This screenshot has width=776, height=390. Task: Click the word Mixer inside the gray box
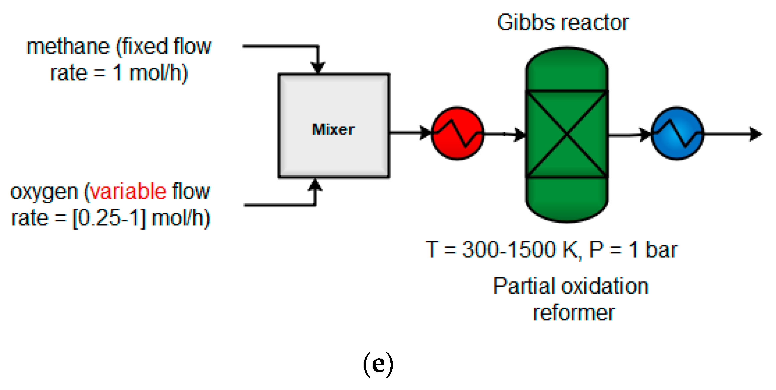[x=333, y=130]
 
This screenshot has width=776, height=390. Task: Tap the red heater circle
[x=457, y=133]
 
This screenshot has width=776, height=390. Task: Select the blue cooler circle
[x=677, y=133]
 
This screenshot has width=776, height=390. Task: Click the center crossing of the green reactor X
[x=567, y=134]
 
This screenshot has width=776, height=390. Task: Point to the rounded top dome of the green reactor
[x=567, y=67]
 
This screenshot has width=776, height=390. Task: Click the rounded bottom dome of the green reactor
[x=567, y=200]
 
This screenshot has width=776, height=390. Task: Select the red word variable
[x=129, y=192]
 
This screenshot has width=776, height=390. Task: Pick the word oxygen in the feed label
[x=44, y=192]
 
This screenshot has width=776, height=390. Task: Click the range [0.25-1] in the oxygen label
[x=109, y=218]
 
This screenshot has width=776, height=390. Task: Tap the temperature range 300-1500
[x=509, y=249]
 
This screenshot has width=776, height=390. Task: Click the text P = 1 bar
[x=633, y=249]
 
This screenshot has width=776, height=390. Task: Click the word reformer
[x=574, y=313]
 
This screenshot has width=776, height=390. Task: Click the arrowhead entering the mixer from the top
[x=318, y=67]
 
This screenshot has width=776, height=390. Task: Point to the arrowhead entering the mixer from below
[x=315, y=185]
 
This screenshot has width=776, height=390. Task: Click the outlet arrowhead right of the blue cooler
[x=755, y=134]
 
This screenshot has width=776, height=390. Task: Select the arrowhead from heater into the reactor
[x=519, y=135]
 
